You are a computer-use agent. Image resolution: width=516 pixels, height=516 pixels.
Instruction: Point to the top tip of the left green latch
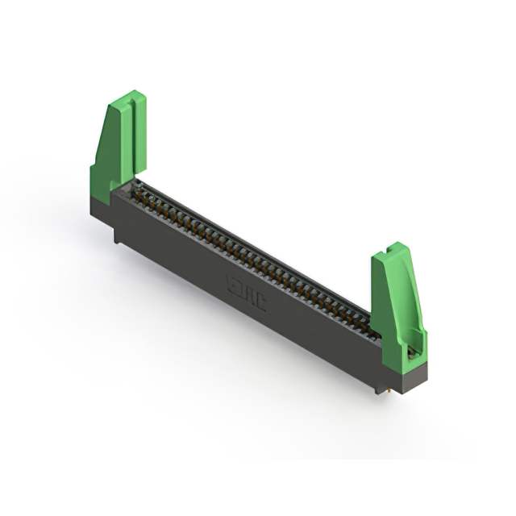coord(134,94)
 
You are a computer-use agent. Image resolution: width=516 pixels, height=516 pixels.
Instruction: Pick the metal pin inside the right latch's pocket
coord(414,351)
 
